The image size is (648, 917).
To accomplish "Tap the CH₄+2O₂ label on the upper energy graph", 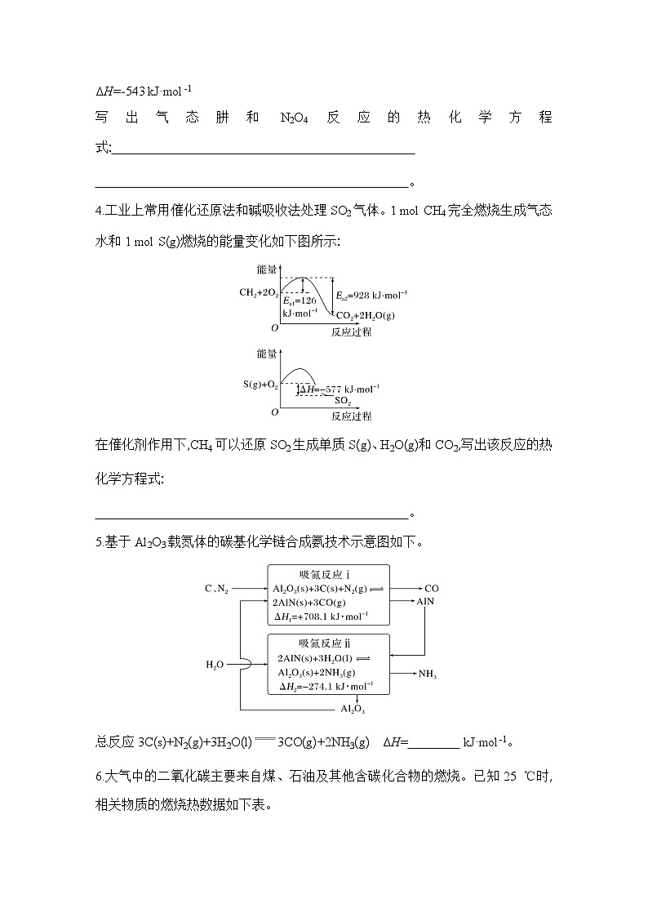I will pyautogui.click(x=259, y=292).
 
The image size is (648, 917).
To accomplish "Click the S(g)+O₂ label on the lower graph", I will pyautogui.click(x=260, y=383).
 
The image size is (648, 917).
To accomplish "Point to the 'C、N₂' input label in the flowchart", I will pyautogui.click(x=217, y=587).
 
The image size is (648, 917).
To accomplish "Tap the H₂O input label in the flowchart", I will pyautogui.click(x=215, y=665).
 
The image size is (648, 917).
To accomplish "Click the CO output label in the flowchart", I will pyautogui.click(x=432, y=587).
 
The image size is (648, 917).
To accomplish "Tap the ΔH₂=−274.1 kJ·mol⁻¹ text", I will pyautogui.click(x=325, y=686).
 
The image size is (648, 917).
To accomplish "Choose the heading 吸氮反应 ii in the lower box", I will pyautogui.click(x=328, y=643).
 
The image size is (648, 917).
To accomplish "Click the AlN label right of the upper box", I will pyautogui.click(x=426, y=601).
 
